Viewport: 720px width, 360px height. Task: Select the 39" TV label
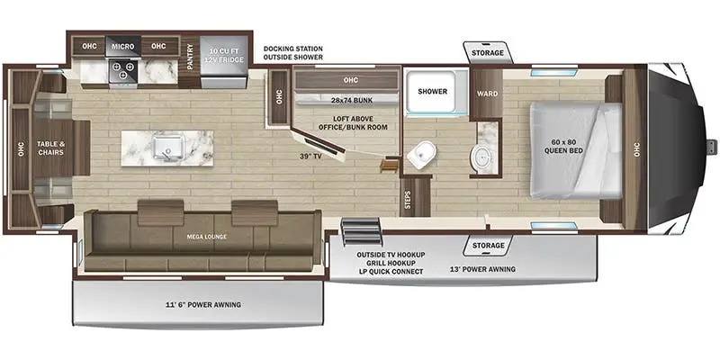tap(311, 157)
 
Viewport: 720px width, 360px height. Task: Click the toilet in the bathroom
tap(420, 157)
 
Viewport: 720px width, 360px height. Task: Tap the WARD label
tap(486, 94)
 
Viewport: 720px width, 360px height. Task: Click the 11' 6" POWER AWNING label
tap(202, 304)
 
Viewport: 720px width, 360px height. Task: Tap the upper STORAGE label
tap(487, 53)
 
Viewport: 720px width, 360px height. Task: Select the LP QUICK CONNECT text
tap(391, 271)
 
